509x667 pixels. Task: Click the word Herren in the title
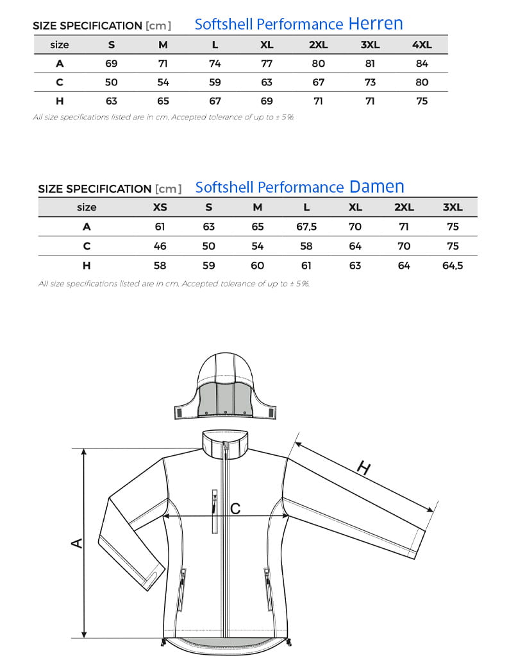[x=376, y=24]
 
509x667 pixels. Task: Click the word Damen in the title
[x=376, y=187]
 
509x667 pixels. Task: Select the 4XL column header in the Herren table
[x=422, y=45]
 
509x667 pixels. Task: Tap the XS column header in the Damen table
[x=160, y=207]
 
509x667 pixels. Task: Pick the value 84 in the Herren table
[x=422, y=64]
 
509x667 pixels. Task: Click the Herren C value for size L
[x=215, y=82]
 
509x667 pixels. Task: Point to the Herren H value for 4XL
[x=422, y=101]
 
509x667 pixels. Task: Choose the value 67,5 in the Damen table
[x=306, y=227]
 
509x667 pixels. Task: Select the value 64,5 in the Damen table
[x=453, y=265]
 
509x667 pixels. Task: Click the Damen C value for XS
[x=160, y=246]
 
